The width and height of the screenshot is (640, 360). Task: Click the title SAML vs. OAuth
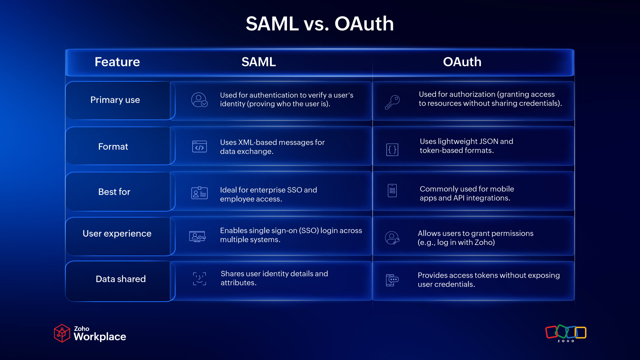(x=320, y=24)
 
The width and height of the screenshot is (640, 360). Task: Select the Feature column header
(x=117, y=62)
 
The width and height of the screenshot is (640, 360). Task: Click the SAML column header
(x=258, y=62)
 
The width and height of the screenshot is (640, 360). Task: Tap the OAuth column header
(x=462, y=62)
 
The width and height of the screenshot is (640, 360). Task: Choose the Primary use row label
(x=115, y=100)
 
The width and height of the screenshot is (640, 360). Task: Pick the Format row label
(x=113, y=147)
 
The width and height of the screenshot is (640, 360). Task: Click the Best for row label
(x=114, y=192)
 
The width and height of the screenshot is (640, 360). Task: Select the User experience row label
(x=117, y=234)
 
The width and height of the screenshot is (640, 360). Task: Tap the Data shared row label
(x=120, y=279)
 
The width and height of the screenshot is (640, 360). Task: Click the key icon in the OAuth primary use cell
(x=392, y=102)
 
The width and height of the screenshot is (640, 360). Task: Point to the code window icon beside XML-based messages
(x=199, y=147)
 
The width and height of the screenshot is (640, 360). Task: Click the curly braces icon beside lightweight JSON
(x=392, y=149)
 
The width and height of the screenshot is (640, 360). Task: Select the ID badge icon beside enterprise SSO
(x=199, y=193)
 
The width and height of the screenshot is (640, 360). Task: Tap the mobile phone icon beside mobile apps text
(x=392, y=191)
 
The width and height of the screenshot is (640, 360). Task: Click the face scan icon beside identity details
(x=199, y=279)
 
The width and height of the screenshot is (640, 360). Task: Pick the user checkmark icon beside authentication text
(x=199, y=100)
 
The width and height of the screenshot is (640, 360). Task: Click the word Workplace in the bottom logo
(x=100, y=337)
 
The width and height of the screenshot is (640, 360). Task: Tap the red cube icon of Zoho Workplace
(x=62, y=333)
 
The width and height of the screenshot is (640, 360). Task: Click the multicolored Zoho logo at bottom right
(x=566, y=333)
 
